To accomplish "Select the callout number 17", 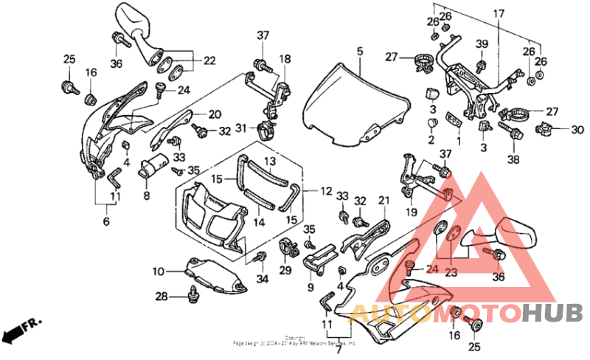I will [499, 13].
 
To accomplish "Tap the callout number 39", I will [482, 45].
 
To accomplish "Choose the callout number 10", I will [159, 271].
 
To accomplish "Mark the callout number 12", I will [325, 190].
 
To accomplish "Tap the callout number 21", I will [383, 201].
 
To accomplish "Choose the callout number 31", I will [240, 128].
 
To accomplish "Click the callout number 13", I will [269, 161].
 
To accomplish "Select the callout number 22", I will [209, 60].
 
